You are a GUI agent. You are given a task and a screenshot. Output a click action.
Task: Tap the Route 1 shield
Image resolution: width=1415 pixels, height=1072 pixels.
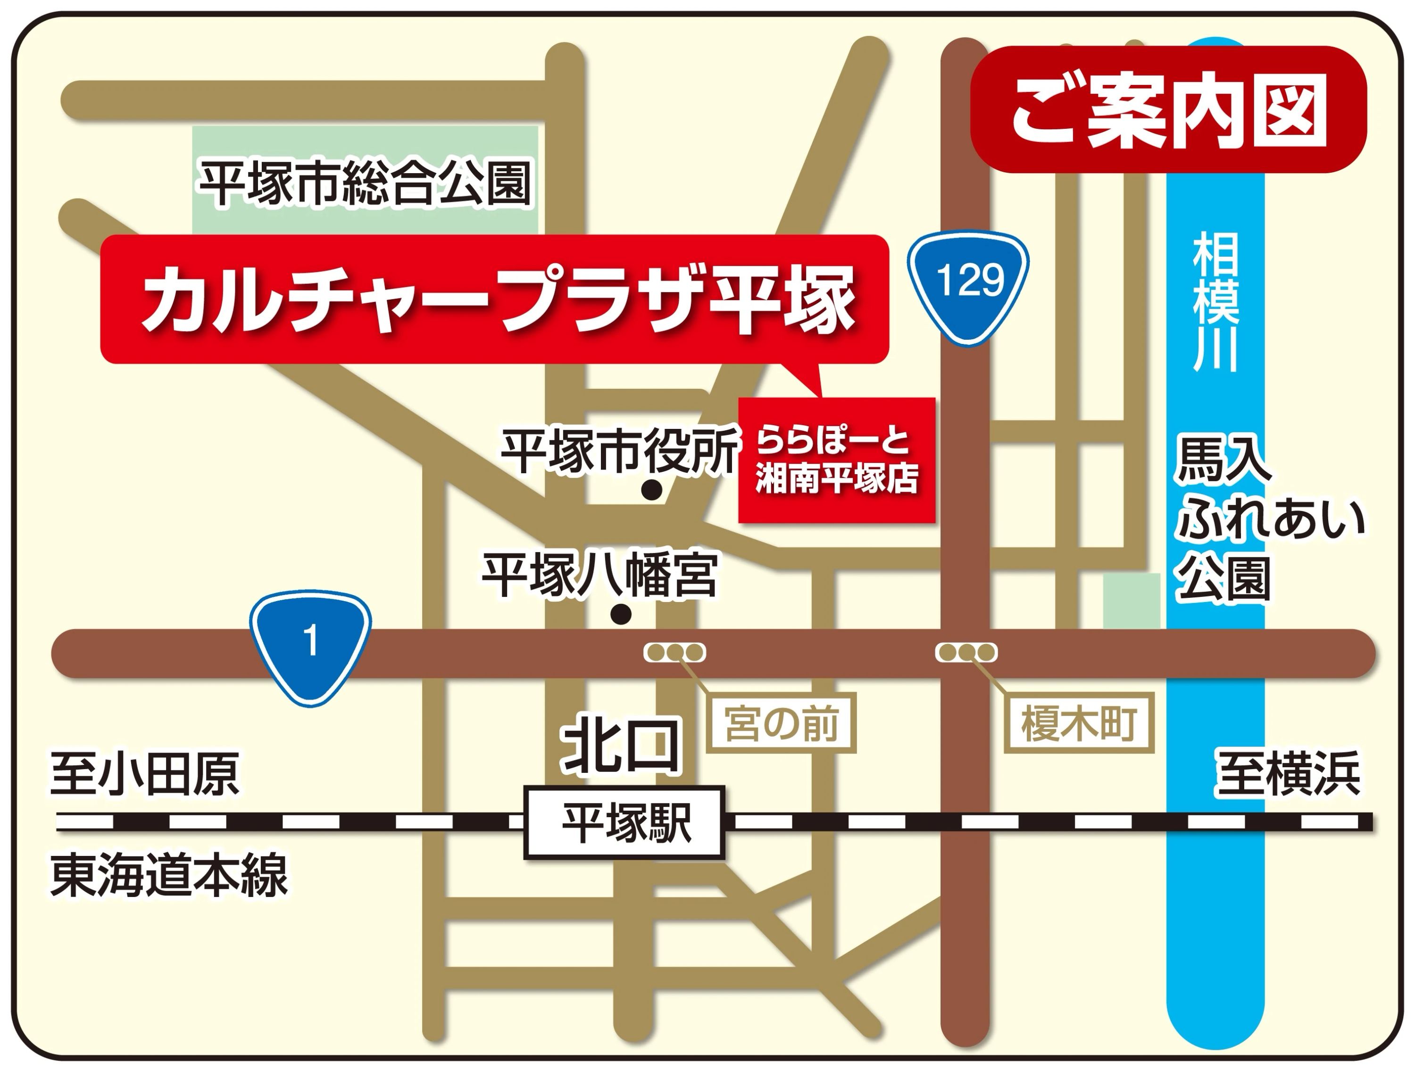(x=310, y=645)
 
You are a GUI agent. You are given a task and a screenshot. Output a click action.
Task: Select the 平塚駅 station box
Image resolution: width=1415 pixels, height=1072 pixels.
(x=624, y=822)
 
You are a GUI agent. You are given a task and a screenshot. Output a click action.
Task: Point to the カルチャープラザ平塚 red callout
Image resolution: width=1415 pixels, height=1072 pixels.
(x=494, y=299)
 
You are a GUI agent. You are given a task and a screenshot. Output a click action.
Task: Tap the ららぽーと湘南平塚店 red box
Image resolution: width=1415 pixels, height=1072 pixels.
(x=837, y=460)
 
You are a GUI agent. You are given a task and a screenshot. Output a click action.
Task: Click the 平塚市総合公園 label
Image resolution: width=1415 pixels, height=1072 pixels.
(x=365, y=183)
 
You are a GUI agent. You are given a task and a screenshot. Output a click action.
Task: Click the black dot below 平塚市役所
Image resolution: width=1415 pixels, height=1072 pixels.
(x=651, y=491)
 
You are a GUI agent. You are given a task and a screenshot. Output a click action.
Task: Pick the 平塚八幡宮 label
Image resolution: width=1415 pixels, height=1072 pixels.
(x=599, y=575)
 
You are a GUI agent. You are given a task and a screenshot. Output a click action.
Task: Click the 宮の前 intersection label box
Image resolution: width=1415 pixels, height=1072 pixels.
(x=781, y=724)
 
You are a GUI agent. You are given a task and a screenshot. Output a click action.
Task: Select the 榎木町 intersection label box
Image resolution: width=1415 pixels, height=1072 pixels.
(x=1079, y=724)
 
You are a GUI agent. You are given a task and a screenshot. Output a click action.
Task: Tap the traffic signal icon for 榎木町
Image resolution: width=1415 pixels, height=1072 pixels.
(x=966, y=653)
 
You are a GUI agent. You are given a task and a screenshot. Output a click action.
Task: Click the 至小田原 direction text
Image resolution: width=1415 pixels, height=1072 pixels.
(x=145, y=774)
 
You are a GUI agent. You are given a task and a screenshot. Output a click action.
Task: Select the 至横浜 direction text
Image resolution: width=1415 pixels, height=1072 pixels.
(x=1287, y=774)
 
